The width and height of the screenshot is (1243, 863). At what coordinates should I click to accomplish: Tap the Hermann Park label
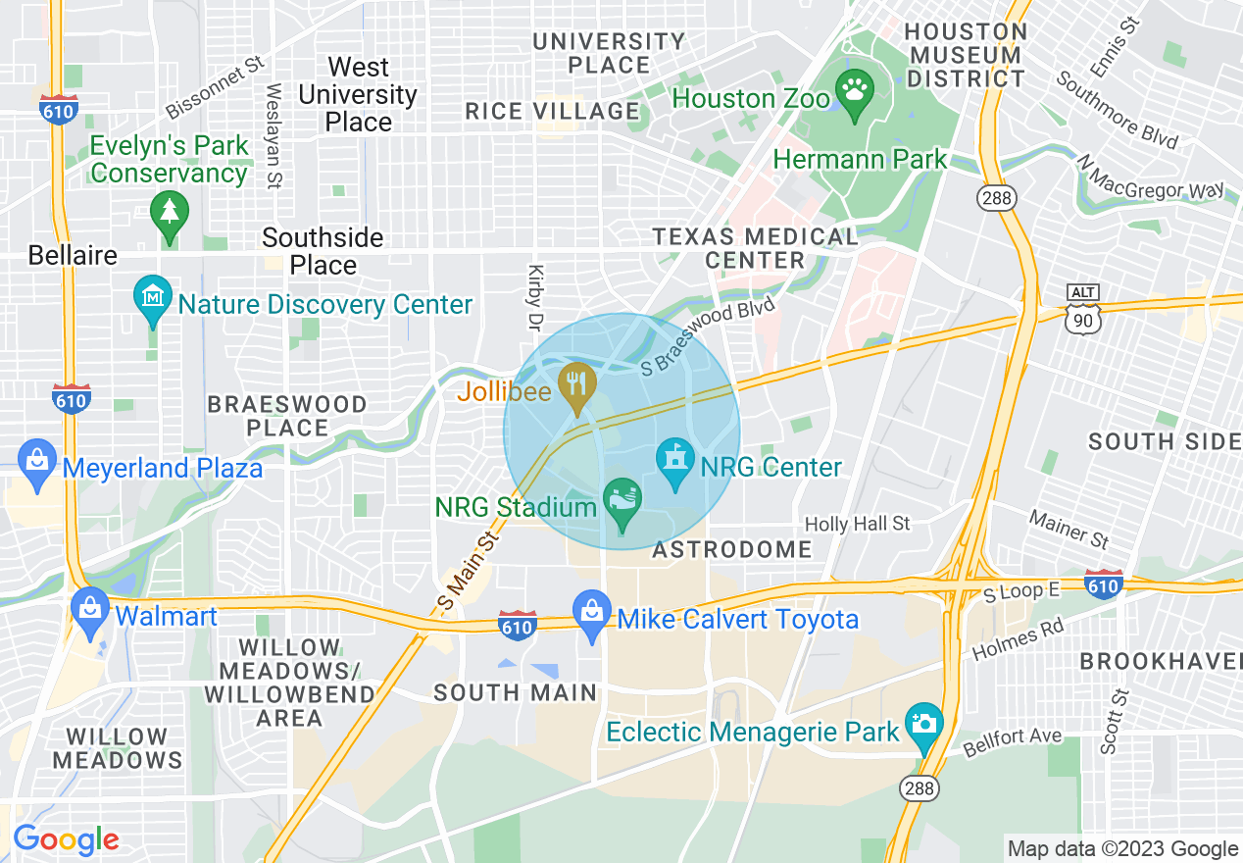pyautogui.click(x=860, y=159)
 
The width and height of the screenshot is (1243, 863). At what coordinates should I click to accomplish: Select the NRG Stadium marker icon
pyautogui.click(x=621, y=502)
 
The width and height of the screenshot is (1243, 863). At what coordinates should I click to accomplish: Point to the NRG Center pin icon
pyautogui.click(x=674, y=462)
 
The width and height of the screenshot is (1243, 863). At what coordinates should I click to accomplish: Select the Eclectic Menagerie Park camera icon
pyautogui.click(x=923, y=726)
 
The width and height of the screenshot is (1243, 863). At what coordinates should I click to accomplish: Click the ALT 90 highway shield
pyautogui.click(x=1084, y=308)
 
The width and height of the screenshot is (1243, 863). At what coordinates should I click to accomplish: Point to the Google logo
pyautogui.click(x=66, y=839)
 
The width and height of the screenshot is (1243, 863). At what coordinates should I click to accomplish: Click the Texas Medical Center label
pyautogui.click(x=755, y=248)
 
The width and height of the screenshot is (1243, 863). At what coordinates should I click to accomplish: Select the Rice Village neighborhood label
pyautogui.click(x=552, y=111)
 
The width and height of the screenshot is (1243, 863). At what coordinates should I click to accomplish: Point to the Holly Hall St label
pyautogui.click(x=858, y=524)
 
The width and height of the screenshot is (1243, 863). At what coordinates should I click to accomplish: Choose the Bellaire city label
pyautogui.click(x=73, y=256)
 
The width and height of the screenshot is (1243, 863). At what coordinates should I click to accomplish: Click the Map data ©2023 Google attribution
pyautogui.click(x=1122, y=848)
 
